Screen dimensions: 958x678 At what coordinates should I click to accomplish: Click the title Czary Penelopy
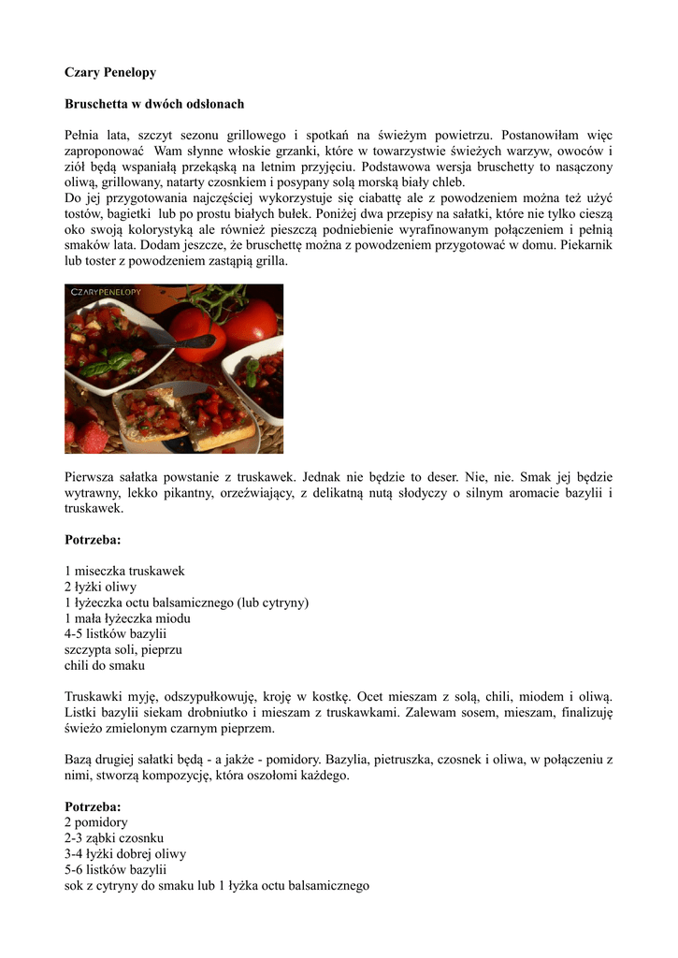pyautogui.click(x=109, y=72)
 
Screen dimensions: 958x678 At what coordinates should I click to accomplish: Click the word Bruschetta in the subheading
pyautogui.click(x=96, y=104)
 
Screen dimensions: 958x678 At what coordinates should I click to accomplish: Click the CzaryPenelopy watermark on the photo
pyautogui.click(x=104, y=293)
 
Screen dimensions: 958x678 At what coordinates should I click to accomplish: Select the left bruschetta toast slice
pyautogui.click(x=150, y=412)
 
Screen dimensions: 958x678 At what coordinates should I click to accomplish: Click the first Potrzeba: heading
pyautogui.click(x=93, y=540)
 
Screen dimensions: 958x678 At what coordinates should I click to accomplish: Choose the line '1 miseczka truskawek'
pyautogui.click(x=124, y=571)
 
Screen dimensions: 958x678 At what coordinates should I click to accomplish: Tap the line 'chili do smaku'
pyautogui.click(x=105, y=666)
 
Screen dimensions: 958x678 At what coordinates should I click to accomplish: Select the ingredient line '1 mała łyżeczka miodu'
pyautogui.click(x=127, y=618)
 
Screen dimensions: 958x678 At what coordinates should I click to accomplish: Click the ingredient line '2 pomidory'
pyautogui.click(x=96, y=822)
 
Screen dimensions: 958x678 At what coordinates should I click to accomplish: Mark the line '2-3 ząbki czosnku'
pyautogui.click(x=114, y=838)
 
